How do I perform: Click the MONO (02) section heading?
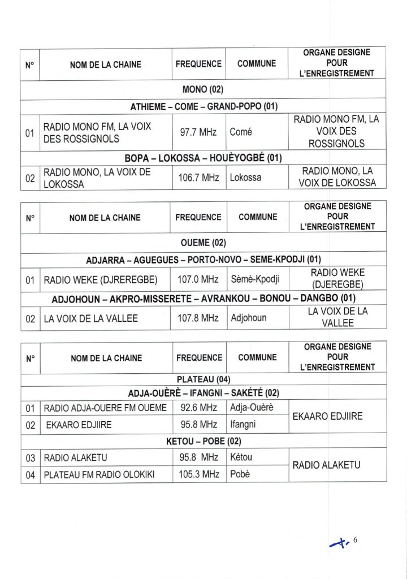coord(203,90)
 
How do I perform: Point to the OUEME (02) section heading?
coord(203,243)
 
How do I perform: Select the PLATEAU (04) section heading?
coord(203,379)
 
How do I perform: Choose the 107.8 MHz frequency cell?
coord(198,318)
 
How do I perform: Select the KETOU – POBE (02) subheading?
coord(203,441)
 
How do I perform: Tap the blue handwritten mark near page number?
coord(340,543)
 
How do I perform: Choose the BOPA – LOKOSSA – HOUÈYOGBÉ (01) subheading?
coord(203,157)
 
